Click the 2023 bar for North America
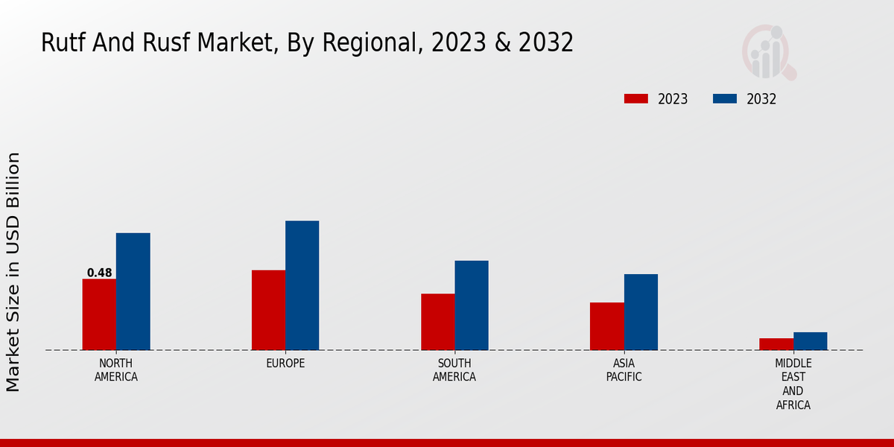tap(99, 314)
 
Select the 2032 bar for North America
tap(133, 291)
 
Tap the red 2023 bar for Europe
tap(268, 310)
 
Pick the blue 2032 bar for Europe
tap(302, 285)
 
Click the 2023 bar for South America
tap(437, 322)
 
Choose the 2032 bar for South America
tap(472, 305)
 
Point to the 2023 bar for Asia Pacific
tap(606, 326)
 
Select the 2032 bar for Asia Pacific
tap(641, 312)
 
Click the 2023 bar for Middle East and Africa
tap(776, 344)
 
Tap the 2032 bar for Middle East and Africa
tap(810, 341)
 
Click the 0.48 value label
tap(100, 273)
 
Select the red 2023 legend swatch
tap(636, 99)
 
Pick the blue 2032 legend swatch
tap(725, 99)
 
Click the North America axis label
tap(116, 370)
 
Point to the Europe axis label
tap(285, 363)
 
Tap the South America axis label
tap(454, 370)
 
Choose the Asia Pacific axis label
tap(624, 370)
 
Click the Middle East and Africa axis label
tap(793, 384)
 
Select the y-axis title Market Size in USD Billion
tap(13, 272)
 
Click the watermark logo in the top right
tap(768, 52)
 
